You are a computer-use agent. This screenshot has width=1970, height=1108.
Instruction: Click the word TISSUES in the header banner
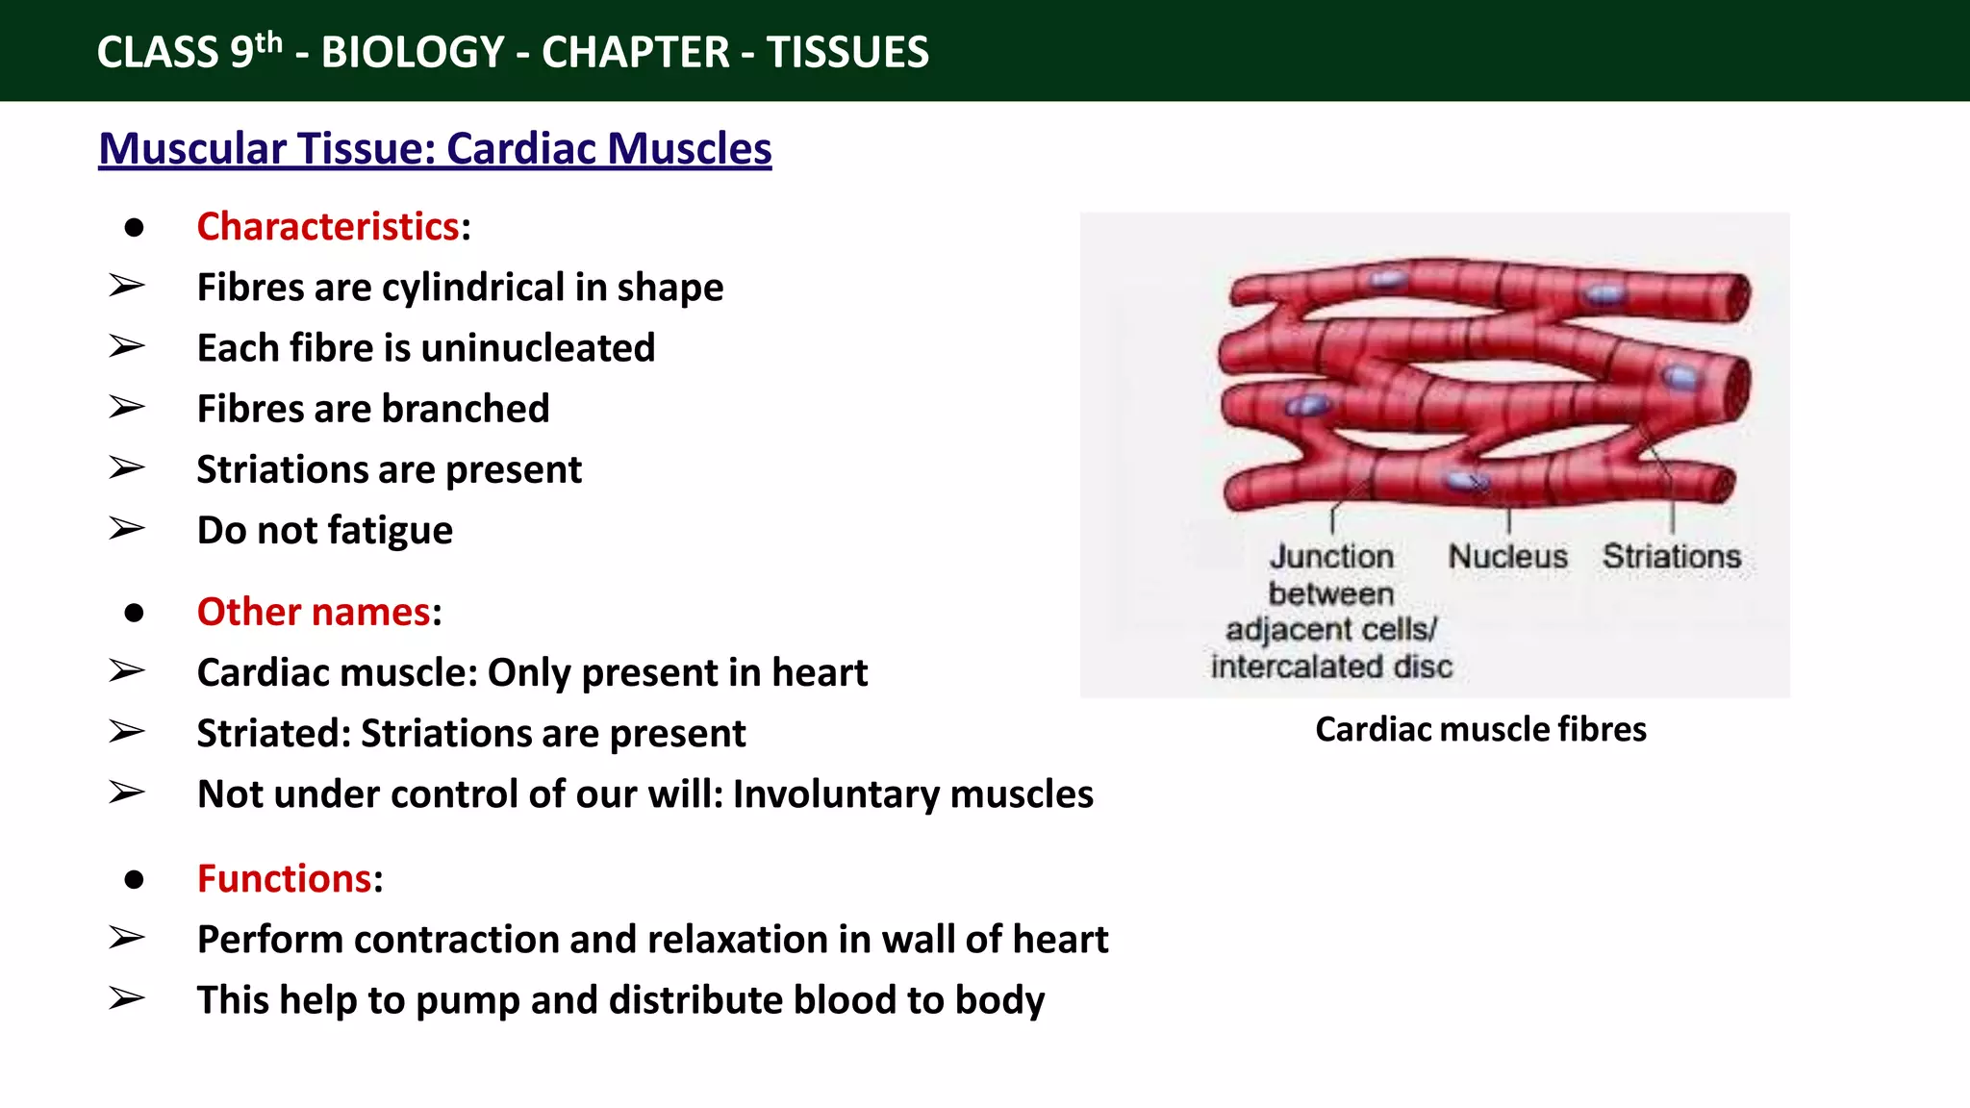tap(847, 52)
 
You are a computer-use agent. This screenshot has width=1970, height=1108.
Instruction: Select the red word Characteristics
tap(328, 227)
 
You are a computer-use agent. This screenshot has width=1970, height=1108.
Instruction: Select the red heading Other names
tap(314, 613)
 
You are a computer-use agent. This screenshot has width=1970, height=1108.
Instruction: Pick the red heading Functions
tap(284, 879)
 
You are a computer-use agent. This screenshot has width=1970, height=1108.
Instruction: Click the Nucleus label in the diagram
tap(1507, 556)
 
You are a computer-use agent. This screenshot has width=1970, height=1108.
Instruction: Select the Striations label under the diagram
tap(1672, 556)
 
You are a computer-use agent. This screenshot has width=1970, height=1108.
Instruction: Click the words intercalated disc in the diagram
tap(1331, 667)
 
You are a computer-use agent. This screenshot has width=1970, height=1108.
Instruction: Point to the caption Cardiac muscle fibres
tap(1480, 729)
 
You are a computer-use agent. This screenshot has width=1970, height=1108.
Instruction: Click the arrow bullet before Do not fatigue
tap(126, 529)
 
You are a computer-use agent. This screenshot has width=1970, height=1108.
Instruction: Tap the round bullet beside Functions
tap(134, 879)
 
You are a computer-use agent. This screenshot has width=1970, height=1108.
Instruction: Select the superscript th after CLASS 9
tap(269, 41)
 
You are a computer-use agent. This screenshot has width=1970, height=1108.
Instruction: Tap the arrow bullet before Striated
tap(126, 732)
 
